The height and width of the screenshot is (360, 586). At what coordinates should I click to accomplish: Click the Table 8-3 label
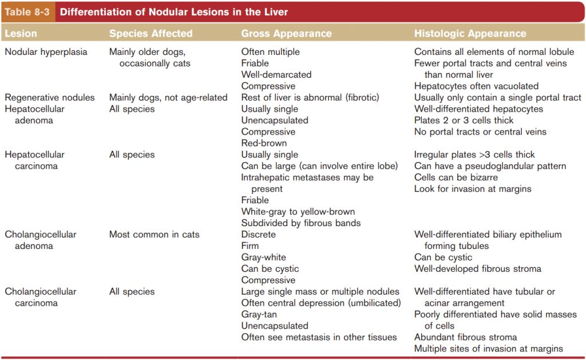point(27,12)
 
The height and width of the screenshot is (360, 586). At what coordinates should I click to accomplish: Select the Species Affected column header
point(151,34)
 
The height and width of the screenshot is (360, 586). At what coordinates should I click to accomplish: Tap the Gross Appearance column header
point(286,34)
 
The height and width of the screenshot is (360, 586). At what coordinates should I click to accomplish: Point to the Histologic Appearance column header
point(470,34)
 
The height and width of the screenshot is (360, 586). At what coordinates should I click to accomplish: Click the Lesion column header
point(21,34)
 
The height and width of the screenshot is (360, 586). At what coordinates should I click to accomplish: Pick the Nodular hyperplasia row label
point(46,52)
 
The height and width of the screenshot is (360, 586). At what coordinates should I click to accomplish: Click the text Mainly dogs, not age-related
point(168,97)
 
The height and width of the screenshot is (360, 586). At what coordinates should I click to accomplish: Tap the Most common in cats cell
point(154,235)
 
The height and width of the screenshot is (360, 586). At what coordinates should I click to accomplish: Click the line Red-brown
point(264,143)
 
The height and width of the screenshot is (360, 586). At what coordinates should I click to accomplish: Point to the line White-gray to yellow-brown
point(298,212)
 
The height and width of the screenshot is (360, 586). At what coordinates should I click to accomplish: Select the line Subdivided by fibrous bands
point(300,223)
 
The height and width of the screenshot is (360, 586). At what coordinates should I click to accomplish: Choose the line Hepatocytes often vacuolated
point(476,86)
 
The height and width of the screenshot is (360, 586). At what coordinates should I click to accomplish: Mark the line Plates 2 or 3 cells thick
point(464,120)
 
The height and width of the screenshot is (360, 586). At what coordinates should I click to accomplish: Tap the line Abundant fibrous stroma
point(465,337)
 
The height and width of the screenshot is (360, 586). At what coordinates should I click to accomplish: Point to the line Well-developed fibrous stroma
point(477,269)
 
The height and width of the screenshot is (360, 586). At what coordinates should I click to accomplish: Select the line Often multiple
point(270,52)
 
